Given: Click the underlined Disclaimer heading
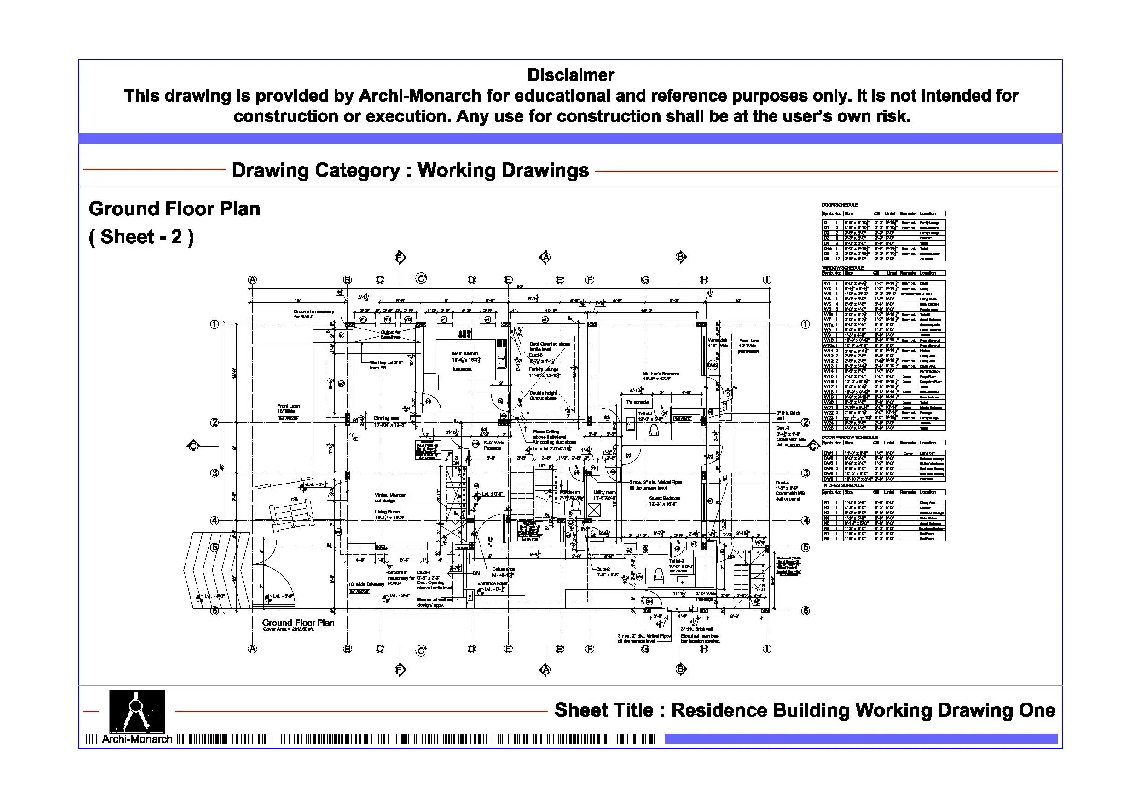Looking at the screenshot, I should (570, 75).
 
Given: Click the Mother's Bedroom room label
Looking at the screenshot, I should (660, 376).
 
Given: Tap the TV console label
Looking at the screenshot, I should (637, 402).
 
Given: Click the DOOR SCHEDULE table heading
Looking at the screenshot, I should (840, 205).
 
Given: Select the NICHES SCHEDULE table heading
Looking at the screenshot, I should (844, 485).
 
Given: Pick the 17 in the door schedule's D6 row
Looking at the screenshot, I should (838, 259).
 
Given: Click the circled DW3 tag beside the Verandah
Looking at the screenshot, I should (713, 365).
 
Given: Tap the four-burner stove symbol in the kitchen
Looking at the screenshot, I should (464, 334).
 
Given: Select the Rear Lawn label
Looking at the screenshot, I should (749, 343).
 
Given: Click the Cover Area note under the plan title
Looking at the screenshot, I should (289, 629).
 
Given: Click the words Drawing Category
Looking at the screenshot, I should (316, 171).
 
